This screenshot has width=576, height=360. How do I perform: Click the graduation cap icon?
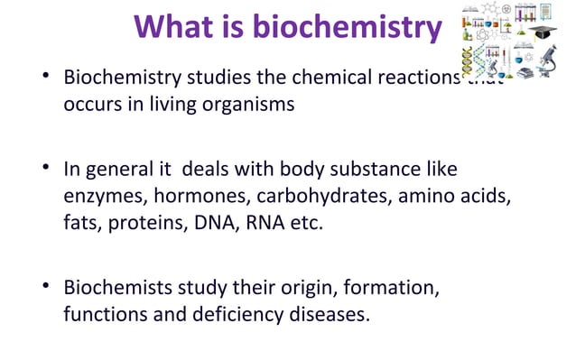pos(541,33)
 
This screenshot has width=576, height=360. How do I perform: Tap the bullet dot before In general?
pos(48,168)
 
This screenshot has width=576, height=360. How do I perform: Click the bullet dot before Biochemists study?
pos(48,289)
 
